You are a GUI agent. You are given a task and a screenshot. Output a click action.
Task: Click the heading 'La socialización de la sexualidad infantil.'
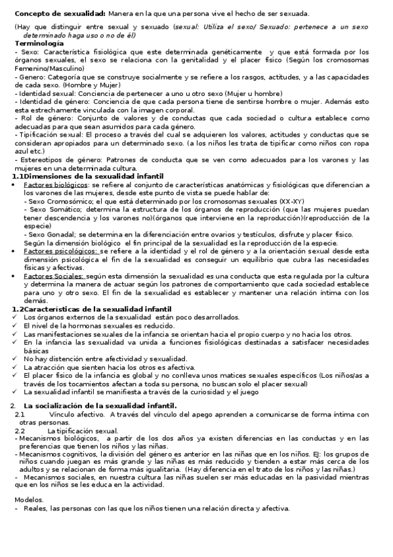pos(100,405)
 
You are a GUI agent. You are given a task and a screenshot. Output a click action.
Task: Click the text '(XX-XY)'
pos(291,201)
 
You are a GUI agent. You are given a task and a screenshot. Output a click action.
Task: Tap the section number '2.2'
pos(20,430)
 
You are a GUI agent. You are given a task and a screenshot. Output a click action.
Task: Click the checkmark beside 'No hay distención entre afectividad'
pos(16,359)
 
